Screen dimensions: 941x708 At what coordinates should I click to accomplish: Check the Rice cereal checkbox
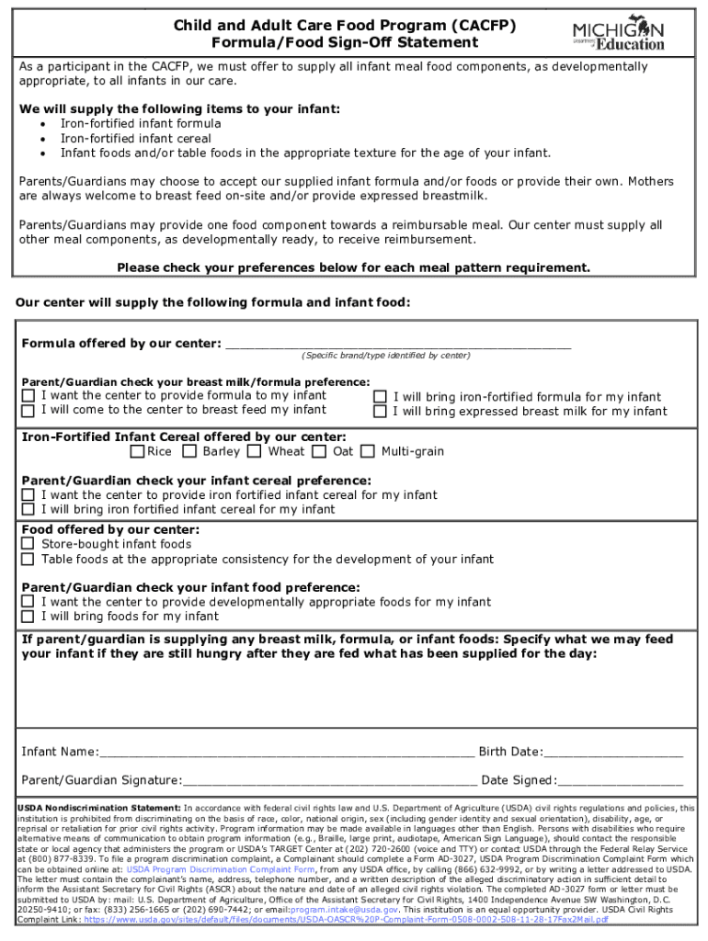137,451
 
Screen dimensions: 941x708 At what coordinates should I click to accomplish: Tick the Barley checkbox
189,451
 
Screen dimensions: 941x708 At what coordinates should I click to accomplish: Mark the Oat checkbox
319,451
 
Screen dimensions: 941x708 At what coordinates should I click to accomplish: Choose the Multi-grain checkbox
368,451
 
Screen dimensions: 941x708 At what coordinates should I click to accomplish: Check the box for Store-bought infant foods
29,544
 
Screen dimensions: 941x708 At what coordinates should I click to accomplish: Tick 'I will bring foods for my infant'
29,617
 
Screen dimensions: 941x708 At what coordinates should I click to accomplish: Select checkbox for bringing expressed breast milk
379,412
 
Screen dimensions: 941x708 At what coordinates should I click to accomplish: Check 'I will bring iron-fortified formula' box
379,397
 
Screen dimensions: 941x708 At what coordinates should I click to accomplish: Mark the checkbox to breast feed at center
29,411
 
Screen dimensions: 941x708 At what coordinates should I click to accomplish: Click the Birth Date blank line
613,753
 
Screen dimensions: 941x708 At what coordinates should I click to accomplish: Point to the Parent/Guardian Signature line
329,781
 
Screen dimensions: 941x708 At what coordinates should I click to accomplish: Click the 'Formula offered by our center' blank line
398,345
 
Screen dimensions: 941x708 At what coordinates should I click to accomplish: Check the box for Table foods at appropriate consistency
29,559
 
